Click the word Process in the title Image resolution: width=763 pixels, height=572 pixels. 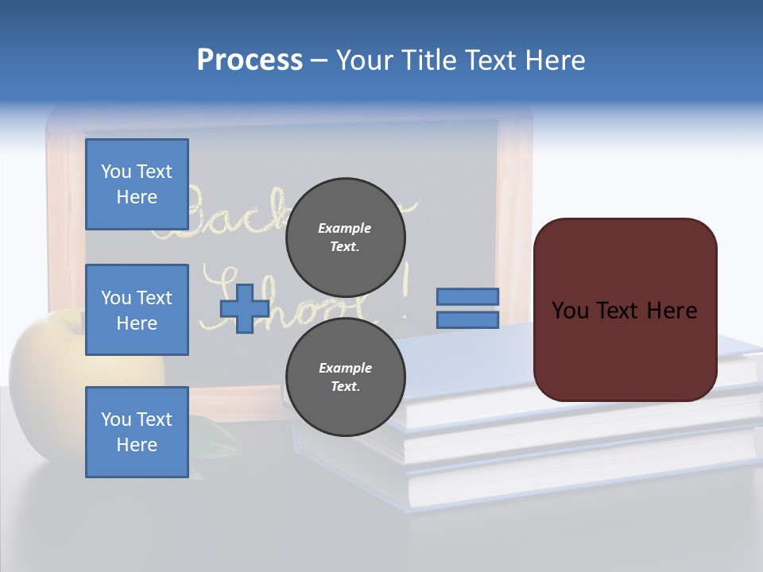pyautogui.click(x=250, y=60)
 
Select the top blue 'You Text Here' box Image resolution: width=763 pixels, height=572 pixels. pyautogui.click(x=137, y=184)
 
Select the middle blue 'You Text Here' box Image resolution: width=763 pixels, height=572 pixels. pyautogui.click(x=137, y=310)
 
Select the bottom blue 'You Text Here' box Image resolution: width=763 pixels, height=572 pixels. pyautogui.click(x=137, y=431)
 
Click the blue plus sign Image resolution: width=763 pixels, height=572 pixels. pyautogui.click(x=245, y=308)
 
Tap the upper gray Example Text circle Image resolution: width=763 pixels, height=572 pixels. pyautogui.click(x=345, y=238)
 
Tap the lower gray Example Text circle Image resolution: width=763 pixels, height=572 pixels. pyautogui.click(x=345, y=377)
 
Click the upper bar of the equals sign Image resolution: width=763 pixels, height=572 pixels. pyautogui.click(x=468, y=296)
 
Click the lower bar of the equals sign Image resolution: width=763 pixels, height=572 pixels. pyautogui.click(x=468, y=320)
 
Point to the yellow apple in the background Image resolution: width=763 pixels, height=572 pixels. pyautogui.click(x=48, y=357)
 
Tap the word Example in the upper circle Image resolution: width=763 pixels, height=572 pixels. pyautogui.click(x=344, y=228)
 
